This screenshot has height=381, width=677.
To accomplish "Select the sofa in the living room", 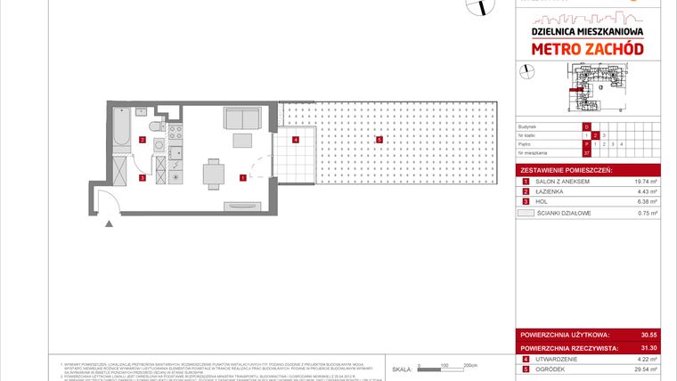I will click(242, 118).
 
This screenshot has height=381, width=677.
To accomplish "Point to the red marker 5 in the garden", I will click(379, 139).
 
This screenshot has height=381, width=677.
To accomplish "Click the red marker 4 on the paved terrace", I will click(296, 139).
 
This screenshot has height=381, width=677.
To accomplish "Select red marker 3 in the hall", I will click(143, 177).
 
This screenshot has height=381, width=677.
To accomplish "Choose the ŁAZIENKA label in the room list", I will click(550, 191).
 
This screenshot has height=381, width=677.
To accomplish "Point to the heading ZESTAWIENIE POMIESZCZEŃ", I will click(567, 169).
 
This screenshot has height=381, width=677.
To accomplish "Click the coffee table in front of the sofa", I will click(242, 140).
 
